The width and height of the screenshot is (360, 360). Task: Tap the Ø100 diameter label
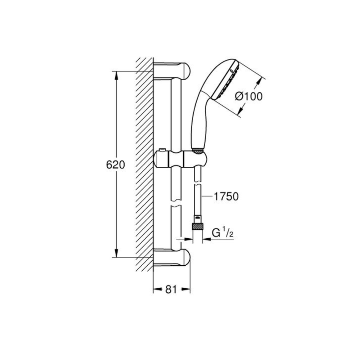click(249, 96)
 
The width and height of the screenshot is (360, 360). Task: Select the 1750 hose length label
click(226, 197)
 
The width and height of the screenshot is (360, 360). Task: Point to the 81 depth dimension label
click(171, 289)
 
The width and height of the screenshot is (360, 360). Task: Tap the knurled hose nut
click(197, 226)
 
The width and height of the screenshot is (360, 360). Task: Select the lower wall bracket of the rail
click(172, 258)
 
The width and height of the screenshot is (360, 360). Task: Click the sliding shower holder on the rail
click(181, 159)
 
